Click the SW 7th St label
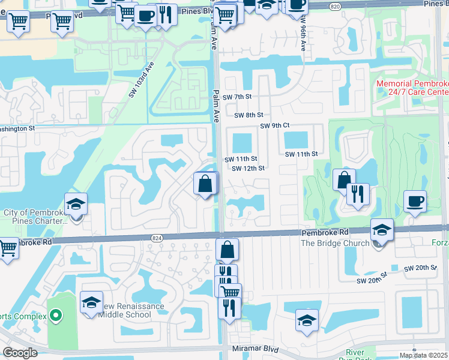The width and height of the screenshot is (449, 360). [x=237, y=97]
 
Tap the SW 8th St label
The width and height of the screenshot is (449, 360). [x=249, y=115]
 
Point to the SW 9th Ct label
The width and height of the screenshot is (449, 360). [x=275, y=125]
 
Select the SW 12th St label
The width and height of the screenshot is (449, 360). [x=248, y=169]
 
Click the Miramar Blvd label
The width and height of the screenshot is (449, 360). [x=252, y=349]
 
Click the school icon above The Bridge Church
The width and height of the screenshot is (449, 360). [x=381, y=229]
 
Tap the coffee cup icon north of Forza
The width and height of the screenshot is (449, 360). [x=415, y=201]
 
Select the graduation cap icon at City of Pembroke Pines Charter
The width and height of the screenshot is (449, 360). [x=76, y=203]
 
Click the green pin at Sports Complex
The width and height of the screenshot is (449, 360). [x=56, y=314]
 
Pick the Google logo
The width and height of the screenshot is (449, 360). [x=20, y=353]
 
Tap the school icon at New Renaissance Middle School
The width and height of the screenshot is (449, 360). [x=91, y=302]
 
